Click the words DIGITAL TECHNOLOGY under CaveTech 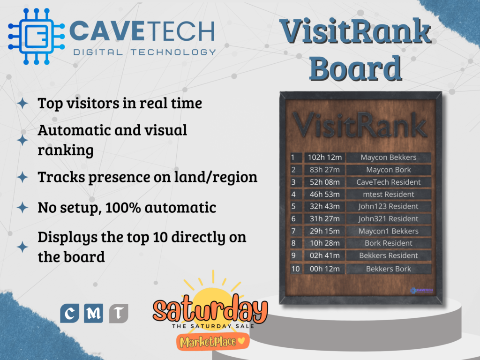click(x=144, y=52)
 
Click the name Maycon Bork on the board click(x=388, y=170)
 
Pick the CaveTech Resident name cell click(x=388, y=182)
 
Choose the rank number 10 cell click(x=295, y=269)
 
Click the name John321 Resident click(x=388, y=218)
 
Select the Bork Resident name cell click(x=388, y=243)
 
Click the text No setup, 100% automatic click(x=127, y=207)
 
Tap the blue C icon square click(x=69, y=313)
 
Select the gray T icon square click(x=119, y=313)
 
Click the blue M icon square click(x=94, y=313)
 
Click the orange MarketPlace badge click(x=212, y=341)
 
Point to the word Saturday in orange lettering click(x=210, y=309)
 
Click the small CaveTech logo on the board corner click(x=422, y=291)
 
